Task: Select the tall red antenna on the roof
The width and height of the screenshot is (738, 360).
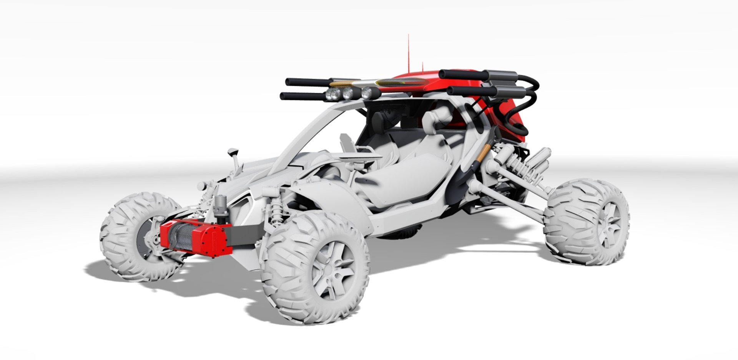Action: [x=408, y=54]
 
